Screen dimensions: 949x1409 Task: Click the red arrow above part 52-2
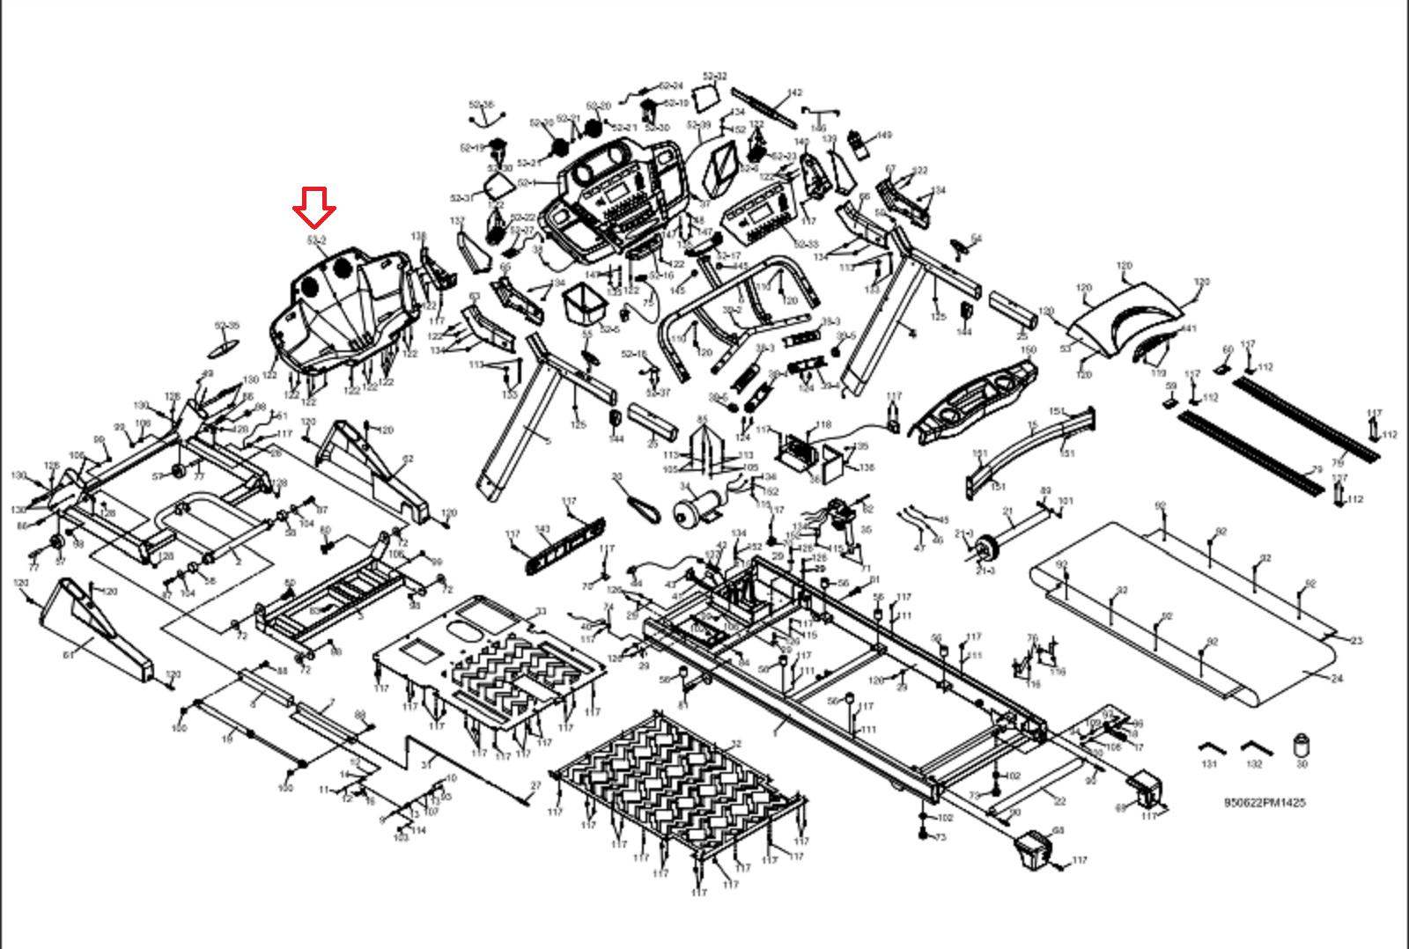point(314,208)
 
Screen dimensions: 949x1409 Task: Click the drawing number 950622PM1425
point(1265,803)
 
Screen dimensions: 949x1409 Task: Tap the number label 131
point(1209,764)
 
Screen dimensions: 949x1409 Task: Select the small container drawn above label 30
point(1302,745)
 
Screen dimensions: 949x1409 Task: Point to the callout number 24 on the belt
point(1337,678)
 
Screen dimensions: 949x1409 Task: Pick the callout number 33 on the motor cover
point(541,611)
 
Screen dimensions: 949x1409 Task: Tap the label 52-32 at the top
point(715,77)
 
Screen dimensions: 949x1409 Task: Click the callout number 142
point(794,92)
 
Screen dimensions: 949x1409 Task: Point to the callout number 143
point(542,530)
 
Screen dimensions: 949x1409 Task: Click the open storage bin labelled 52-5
point(585,303)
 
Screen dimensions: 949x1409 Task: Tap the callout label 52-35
point(227,326)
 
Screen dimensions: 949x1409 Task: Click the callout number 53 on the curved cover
point(1066,349)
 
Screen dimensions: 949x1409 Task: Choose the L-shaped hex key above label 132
point(1255,748)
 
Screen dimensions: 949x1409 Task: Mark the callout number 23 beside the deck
point(1356,640)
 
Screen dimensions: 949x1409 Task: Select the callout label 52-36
point(481,105)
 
